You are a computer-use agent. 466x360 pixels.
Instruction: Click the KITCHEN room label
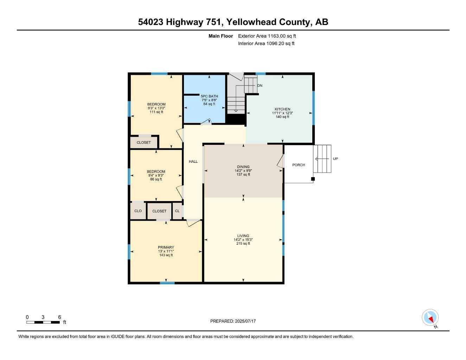(x=282, y=109)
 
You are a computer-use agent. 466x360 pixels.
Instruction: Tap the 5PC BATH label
(x=209, y=96)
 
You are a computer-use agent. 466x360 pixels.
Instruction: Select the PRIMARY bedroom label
(x=166, y=247)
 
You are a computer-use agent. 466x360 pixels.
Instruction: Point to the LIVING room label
(x=243, y=236)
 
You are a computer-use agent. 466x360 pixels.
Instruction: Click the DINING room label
(x=243, y=167)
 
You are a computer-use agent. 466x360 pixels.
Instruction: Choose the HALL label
(x=193, y=161)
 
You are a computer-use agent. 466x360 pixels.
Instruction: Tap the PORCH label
(x=299, y=165)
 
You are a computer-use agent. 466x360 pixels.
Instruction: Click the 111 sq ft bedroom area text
(x=156, y=112)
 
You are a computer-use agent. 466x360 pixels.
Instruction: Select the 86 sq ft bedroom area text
(x=156, y=179)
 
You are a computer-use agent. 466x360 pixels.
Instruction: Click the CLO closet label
(x=138, y=211)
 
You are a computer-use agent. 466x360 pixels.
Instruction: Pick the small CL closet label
(x=177, y=211)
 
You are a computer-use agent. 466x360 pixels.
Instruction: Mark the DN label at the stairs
(x=260, y=85)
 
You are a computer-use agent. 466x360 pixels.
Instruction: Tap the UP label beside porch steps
(x=335, y=159)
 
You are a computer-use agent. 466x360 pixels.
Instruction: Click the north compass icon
(x=430, y=318)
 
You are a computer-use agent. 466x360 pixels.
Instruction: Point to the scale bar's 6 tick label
(x=59, y=317)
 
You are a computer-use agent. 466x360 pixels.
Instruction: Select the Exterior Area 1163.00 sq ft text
(x=267, y=36)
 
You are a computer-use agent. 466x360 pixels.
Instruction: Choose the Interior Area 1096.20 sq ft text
(x=266, y=44)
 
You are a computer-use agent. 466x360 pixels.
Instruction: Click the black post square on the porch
(x=313, y=179)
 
